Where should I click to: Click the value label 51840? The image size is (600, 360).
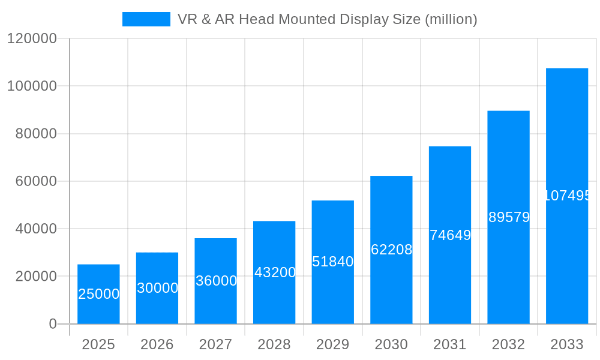[x=332, y=262]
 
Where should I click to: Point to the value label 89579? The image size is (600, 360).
[x=509, y=217]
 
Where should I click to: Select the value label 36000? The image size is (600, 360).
[x=216, y=281]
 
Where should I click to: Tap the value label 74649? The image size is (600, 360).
[x=450, y=235]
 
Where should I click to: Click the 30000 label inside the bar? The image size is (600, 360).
[x=157, y=288]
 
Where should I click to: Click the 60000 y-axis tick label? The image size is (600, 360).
[x=35, y=181]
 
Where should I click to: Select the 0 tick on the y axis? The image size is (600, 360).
[x=52, y=324]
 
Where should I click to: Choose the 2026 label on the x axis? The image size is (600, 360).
[x=157, y=344]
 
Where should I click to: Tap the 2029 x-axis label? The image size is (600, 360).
[x=332, y=344]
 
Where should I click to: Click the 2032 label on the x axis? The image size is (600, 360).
[x=508, y=344]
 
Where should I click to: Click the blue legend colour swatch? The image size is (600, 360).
[x=146, y=19]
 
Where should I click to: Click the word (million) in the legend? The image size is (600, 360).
[x=451, y=19]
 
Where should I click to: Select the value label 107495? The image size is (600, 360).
[x=567, y=196]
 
